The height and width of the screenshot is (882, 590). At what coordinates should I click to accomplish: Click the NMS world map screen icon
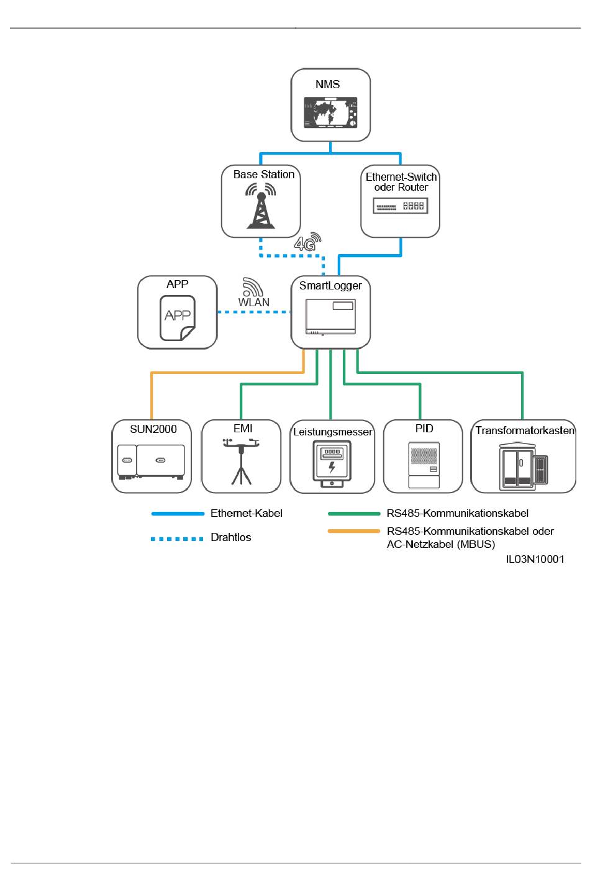(x=330, y=112)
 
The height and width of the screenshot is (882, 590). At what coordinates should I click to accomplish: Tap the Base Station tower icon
(x=261, y=206)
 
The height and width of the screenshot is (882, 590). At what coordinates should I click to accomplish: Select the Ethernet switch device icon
(x=401, y=206)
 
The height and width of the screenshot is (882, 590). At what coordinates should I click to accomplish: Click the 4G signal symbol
(x=307, y=242)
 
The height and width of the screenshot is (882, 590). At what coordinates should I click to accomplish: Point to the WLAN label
(x=253, y=302)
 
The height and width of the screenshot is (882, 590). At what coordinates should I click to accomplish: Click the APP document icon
(x=177, y=318)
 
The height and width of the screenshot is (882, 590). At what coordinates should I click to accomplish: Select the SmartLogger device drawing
(x=330, y=317)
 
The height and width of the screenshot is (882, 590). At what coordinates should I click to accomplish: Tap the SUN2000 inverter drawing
(x=151, y=462)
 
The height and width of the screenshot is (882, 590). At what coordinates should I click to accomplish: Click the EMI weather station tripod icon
(x=241, y=461)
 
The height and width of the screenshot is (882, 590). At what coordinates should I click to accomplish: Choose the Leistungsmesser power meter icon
(x=332, y=463)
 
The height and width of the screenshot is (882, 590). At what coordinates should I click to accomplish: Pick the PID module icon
(x=424, y=465)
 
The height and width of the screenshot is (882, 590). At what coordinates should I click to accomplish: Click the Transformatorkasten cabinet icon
(x=523, y=466)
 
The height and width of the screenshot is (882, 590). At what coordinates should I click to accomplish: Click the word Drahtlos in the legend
(x=230, y=537)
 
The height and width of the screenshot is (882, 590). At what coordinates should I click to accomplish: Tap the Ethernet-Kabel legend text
(x=247, y=513)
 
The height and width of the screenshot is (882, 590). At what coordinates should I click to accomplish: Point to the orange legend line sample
(x=354, y=531)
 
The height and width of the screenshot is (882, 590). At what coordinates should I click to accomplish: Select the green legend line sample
(x=354, y=514)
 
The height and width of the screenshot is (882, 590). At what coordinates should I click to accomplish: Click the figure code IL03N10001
(x=535, y=559)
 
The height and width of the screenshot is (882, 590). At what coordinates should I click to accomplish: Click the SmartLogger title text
(x=330, y=286)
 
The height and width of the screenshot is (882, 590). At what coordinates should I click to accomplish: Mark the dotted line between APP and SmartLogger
(x=254, y=312)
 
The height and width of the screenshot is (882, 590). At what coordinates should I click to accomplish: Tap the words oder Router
(x=401, y=188)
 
